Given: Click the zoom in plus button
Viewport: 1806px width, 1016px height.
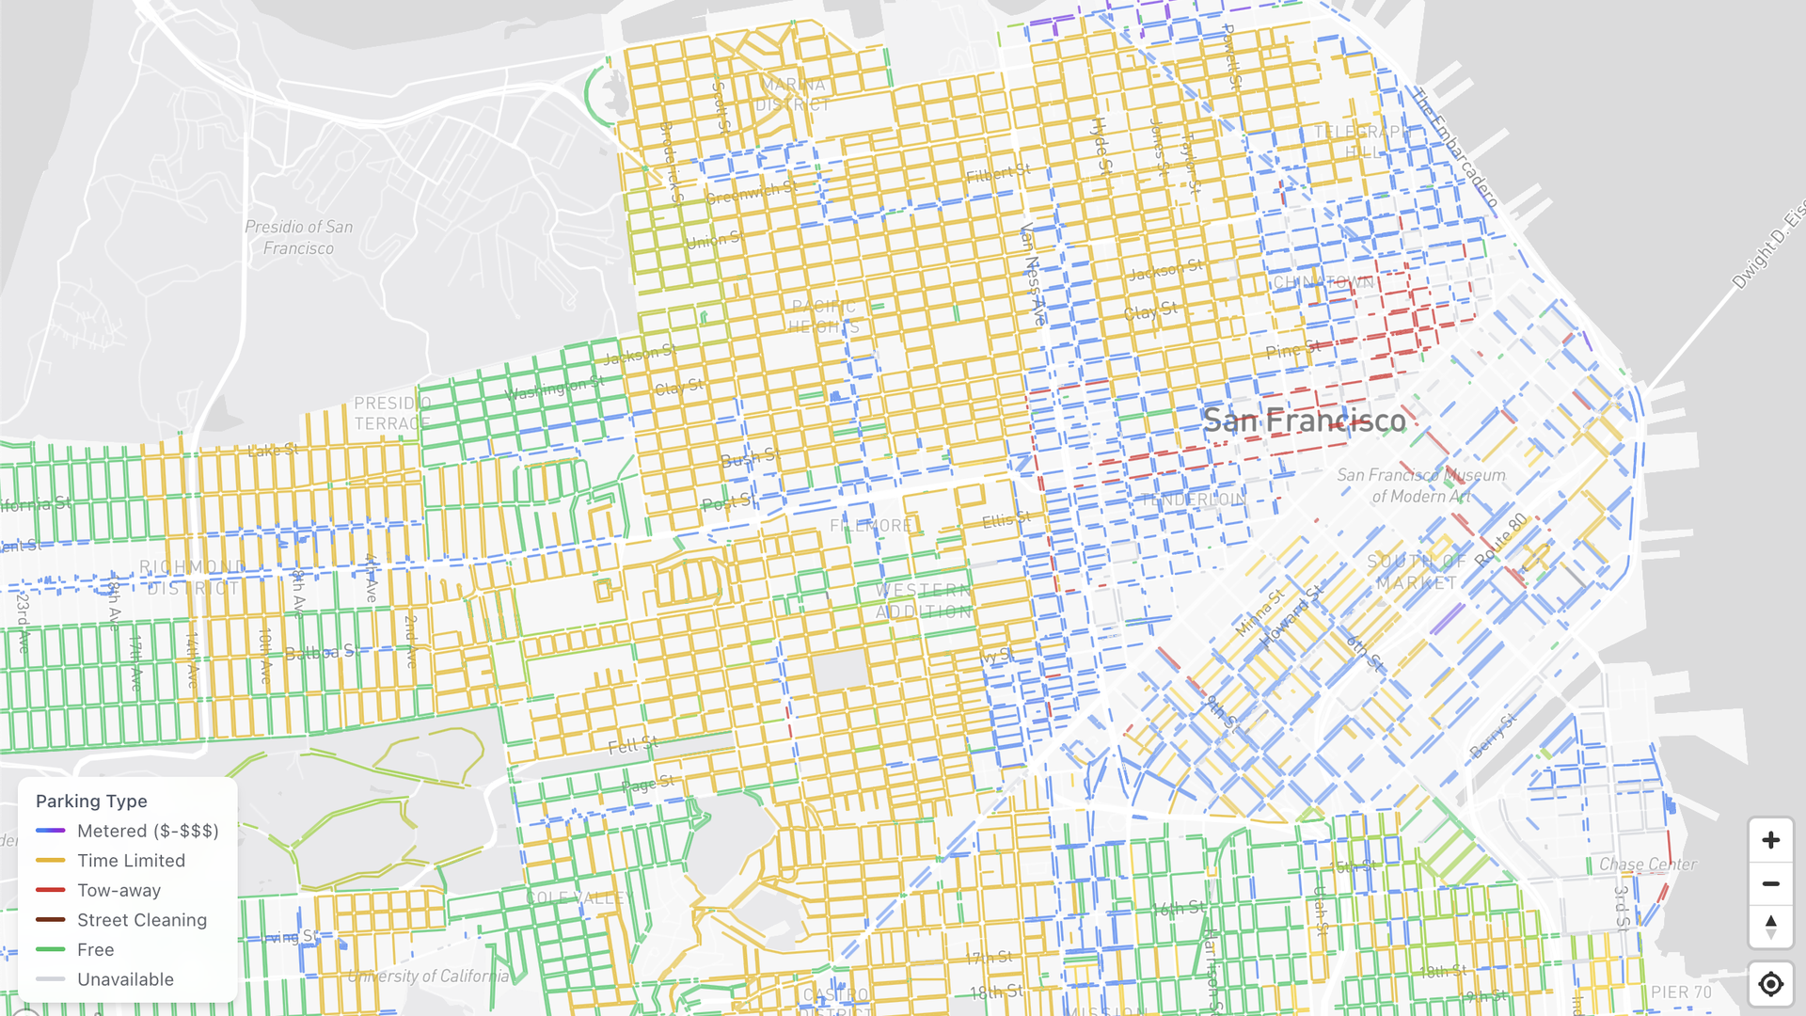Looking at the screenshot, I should tap(1770, 840).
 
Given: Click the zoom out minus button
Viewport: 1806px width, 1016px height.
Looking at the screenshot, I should tap(1770, 884).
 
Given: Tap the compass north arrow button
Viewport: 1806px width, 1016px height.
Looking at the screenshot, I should tap(1770, 927).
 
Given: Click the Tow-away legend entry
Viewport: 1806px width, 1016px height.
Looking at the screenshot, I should tap(119, 890).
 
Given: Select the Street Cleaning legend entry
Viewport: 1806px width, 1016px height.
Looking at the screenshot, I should tap(141, 920).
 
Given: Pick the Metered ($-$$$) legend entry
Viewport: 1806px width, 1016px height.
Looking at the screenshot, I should tap(147, 831).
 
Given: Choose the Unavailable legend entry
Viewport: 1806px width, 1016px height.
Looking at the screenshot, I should tap(125, 979).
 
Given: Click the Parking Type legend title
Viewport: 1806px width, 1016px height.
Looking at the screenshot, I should tap(91, 801).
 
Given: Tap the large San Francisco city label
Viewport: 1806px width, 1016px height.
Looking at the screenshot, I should tap(1304, 421).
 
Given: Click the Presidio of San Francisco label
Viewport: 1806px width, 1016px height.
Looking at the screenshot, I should tap(298, 237).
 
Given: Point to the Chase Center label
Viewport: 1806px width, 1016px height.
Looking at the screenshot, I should tap(1647, 864).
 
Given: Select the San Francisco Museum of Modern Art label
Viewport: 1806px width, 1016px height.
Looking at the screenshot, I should tap(1420, 485).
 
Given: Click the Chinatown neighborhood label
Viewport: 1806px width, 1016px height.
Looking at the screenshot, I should tap(1323, 282).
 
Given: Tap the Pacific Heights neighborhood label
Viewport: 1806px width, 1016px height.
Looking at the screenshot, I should tap(824, 316).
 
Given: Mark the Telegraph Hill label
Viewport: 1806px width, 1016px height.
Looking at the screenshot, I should tap(1361, 141).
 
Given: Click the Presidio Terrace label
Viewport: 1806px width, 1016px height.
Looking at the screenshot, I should tap(392, 413).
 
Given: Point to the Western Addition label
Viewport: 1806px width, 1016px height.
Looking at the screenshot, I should tap(924, 600).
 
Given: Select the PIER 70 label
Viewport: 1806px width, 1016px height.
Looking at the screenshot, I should tap(1681, 992).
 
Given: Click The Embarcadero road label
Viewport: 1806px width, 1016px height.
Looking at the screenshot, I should tap(1453, 148).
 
